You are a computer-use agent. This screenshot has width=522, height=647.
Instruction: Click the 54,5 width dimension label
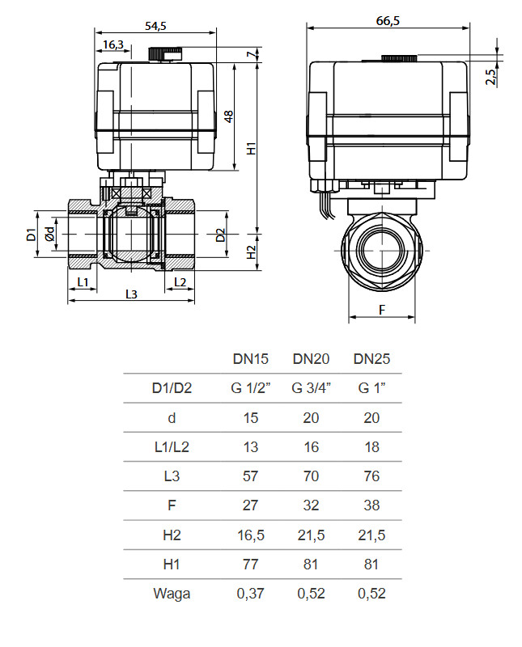155,26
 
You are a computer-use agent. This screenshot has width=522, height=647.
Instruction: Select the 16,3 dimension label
114,44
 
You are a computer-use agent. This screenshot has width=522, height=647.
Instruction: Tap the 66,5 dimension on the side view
388,21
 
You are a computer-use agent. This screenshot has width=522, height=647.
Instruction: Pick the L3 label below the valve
130,294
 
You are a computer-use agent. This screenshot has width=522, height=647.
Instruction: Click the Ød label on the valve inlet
50,234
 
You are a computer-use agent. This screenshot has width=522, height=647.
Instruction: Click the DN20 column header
311,359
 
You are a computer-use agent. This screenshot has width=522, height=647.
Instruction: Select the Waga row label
172,594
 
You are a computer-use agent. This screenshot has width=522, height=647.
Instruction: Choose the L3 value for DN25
371,476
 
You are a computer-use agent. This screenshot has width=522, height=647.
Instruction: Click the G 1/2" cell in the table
251,388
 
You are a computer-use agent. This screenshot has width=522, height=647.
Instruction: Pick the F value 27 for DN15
251,505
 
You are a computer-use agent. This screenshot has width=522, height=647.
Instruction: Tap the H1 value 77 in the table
251,565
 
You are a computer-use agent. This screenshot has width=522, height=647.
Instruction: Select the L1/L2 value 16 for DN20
311,447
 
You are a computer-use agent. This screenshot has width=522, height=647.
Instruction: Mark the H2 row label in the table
172,535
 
